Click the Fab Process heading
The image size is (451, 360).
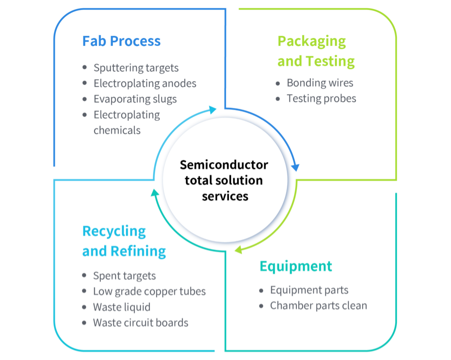tap(121, 41)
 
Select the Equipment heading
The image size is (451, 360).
tap(296, 266)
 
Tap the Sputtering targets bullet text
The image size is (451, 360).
tap(136, 68)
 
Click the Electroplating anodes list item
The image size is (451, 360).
tap(145, 84)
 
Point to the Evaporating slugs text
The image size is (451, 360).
tap(135, 99)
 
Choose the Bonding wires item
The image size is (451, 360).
tap(320, 83)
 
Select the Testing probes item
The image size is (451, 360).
tap(321, 99)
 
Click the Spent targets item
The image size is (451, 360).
tap(124, 276)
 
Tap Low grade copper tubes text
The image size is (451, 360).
tap(149, 292)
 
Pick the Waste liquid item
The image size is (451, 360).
tap(122, 307)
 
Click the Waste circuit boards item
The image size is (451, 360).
tap(141, 323)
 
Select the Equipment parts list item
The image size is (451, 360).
tap(309, 290)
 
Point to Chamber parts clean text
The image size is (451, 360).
tap(318, 305)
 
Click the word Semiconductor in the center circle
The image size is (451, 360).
tap(224, 165)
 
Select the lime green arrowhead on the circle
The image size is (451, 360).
tap(238, 250)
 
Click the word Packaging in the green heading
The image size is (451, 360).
tap(312, 42)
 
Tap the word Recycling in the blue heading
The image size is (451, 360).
tap(114, 231)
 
